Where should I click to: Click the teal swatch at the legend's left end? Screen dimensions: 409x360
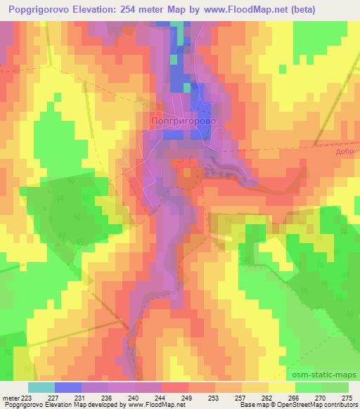(x=41, y=387)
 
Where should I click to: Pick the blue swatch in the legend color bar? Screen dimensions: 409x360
(x=68, y=387)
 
